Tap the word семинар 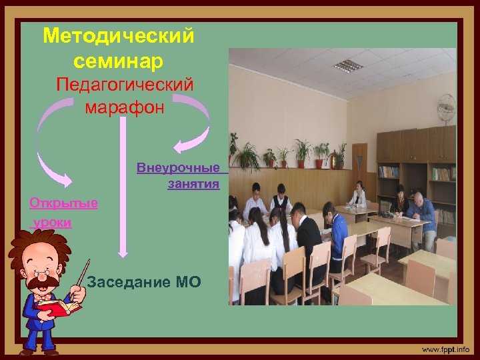[x=119, y=61]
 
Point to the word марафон [x=124, y=107]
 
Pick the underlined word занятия [x=193, y=183]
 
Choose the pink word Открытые [x=64, y=203]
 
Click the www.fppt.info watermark [x=445, y=349]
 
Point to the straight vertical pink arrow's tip [x=122, y=254]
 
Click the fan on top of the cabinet [x=445, y=110]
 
